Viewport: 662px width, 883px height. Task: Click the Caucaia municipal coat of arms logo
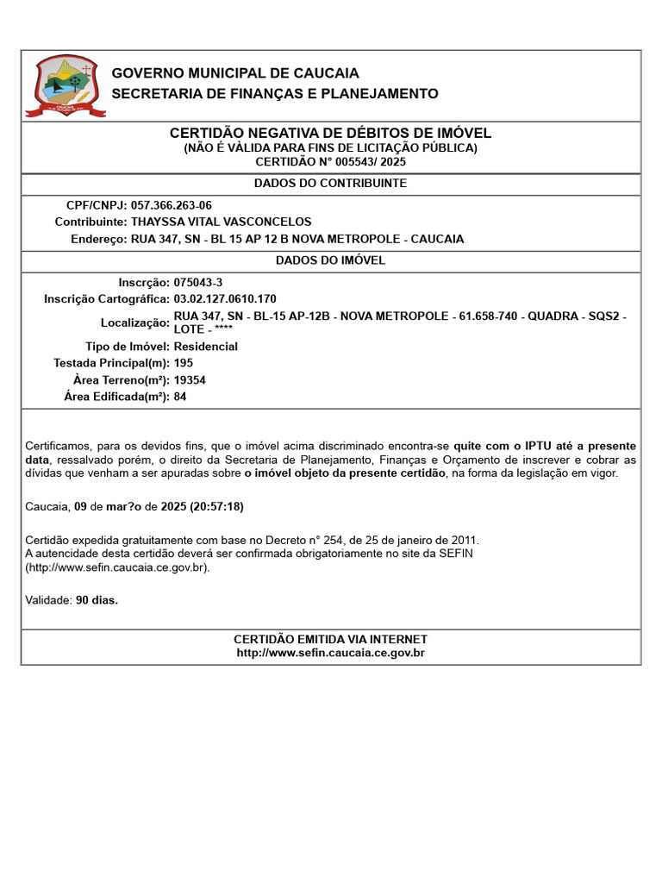coord(66,85)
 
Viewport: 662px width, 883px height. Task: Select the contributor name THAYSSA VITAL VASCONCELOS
coord(221,222)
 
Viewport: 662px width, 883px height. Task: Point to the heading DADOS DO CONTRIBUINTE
coord(330,184)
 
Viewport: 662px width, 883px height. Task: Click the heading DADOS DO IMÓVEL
coord(330,260)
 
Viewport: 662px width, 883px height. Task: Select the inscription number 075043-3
coord(198,282)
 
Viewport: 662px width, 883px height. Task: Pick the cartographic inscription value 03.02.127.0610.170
coord(225,298)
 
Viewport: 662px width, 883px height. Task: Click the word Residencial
coord(205,347)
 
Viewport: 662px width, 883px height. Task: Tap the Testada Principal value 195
coord(184,363)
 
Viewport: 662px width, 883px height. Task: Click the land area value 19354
coord(190,380)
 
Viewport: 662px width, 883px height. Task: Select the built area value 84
coord(180,397)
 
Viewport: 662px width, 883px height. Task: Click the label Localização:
coord(135,323)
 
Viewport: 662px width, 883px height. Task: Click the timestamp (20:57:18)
coord(211,506)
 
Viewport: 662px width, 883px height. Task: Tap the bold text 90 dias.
coord(97,600)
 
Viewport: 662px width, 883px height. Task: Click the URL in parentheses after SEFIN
coord(117,567)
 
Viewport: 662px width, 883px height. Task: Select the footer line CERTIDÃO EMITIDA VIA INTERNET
coord(330,639)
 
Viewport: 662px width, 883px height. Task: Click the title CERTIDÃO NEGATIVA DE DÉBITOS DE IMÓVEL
coord(330,134)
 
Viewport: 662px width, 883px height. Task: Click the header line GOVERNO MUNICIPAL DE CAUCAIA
coord(235,73)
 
